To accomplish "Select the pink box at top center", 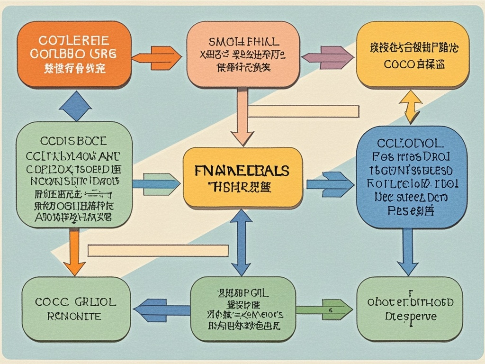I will [x=243, y=55].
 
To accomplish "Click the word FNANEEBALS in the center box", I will [x=242, y=170].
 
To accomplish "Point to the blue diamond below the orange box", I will [x=75, y=106].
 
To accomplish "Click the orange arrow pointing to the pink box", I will [x=157, y=58].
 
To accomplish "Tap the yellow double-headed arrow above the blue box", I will [x=411, y=107].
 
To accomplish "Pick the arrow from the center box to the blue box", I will [x=330, y=184].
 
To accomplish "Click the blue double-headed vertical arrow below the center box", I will [x=241, y=242].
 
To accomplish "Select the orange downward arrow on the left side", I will [x=74, y=251].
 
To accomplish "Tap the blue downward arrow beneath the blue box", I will [x=407, y=251].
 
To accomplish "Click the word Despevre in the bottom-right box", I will [x=411, y=316].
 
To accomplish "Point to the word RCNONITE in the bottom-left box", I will [x=75, y=316].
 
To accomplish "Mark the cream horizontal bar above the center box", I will [x=303, y=111].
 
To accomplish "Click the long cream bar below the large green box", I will [x=158, y=250].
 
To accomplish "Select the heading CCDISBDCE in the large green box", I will [x=73, y=141].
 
